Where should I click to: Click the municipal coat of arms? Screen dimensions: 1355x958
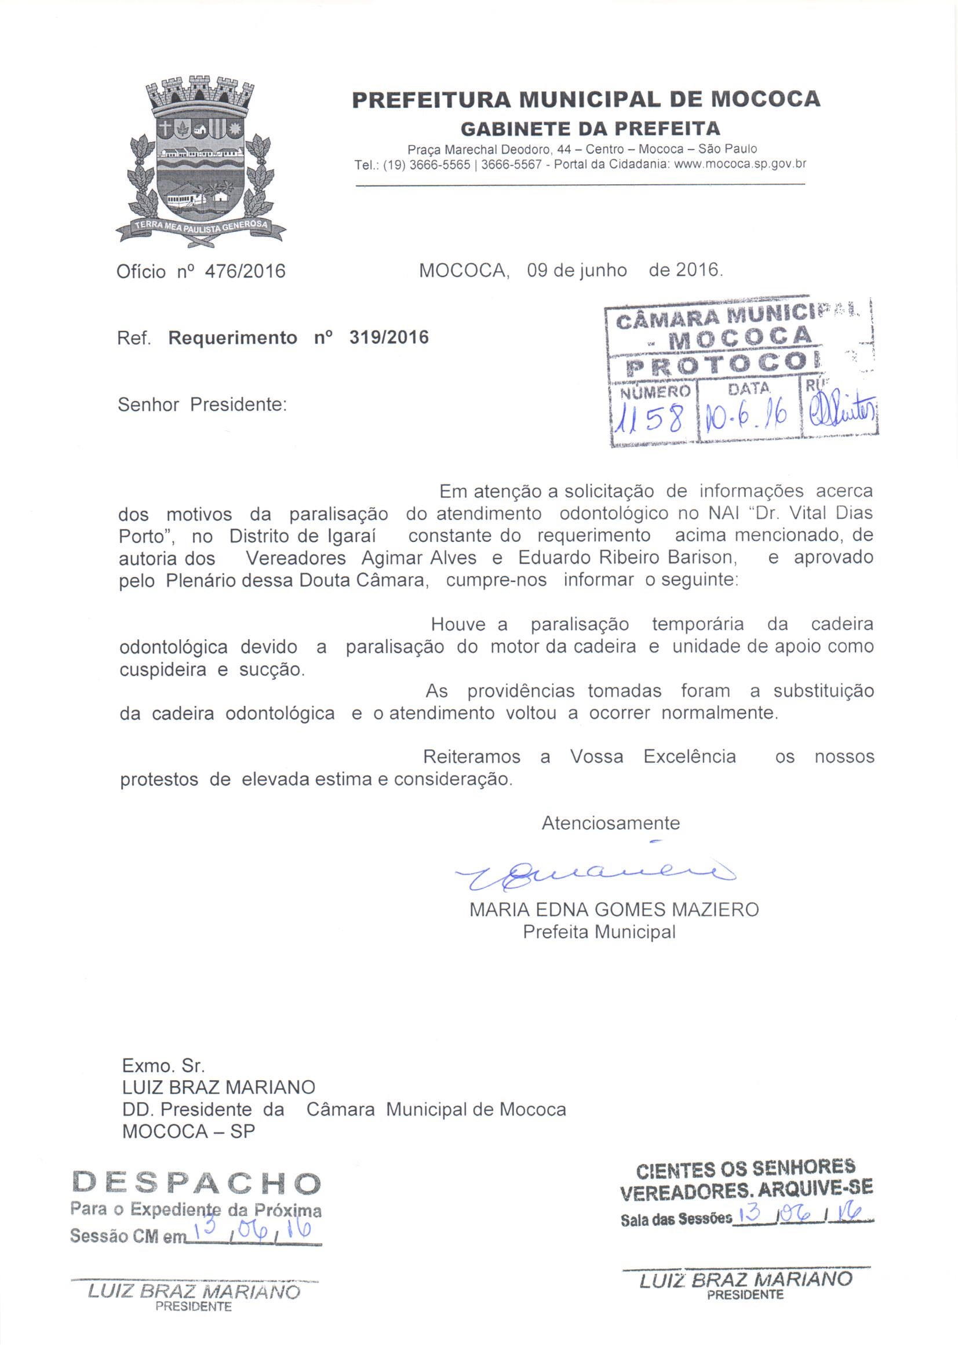pos(201,162)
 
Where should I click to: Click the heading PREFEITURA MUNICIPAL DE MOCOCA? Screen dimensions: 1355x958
pos(585,99)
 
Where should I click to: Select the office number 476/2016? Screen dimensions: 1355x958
pos(244,271)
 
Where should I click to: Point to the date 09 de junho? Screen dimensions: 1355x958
pos(577,270)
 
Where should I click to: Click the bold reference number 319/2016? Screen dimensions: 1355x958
pos(389,337)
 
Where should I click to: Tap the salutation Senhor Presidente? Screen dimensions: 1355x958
pos(202,405)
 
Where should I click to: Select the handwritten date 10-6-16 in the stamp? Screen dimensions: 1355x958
pos(748,420)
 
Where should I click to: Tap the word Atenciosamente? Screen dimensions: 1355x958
pos(610,824)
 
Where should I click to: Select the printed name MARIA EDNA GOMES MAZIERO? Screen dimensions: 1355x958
pos(614,909)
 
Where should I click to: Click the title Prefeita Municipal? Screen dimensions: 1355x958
pos(599,932)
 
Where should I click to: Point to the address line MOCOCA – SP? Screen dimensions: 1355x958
pos(188,1131)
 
